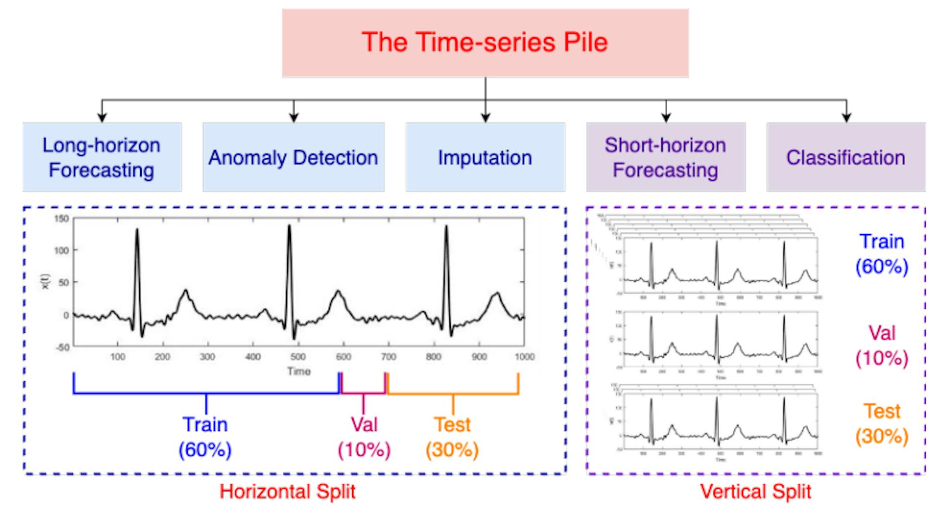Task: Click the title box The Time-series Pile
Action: coord(485,43)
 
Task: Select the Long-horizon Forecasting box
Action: coord(102,157)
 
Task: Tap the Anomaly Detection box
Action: coord(293,157)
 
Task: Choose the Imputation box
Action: coord(485,157)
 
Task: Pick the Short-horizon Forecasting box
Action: coord(665,157)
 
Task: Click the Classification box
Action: coord(845,157)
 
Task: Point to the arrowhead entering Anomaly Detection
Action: coord(294,118)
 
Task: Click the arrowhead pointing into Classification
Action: coord(846,118)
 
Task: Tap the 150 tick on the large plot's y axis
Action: coord(62,219)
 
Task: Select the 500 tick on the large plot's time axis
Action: coord(298,357)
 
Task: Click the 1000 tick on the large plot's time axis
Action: coord(525,357)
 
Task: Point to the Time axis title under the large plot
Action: coord(299,371)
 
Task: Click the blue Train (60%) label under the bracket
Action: coord(205,437)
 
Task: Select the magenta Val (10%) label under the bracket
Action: coord(364,437)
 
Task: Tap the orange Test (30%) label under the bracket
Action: coord(452,437)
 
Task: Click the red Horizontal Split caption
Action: coord(287,492)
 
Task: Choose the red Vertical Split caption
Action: coord(755,492)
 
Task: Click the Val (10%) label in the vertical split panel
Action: coord(882,346)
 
